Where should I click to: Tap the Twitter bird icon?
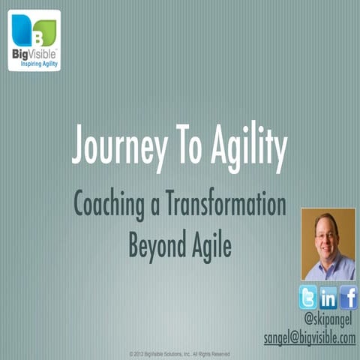[308, 298]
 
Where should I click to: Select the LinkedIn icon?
[328, 298]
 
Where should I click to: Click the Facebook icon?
[348, 298]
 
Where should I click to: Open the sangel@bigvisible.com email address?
[309, 338]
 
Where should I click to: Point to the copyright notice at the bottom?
[179, 353]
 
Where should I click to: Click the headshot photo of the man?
[328, 244]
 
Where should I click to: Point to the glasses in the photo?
[326, 234]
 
